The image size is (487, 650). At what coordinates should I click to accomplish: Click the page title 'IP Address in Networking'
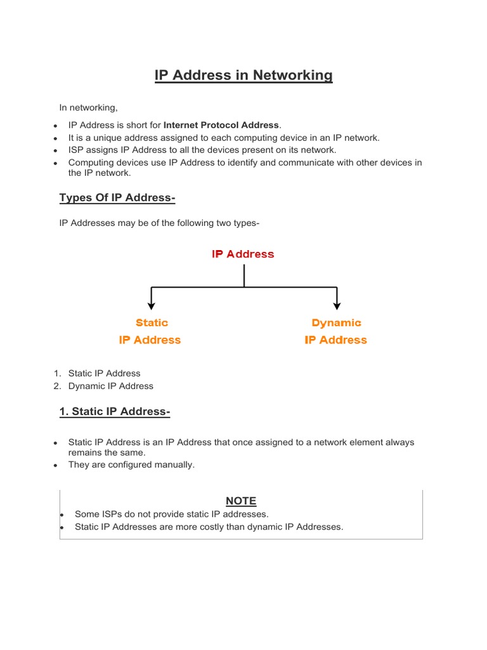pyautogui.click(x=243, y=76)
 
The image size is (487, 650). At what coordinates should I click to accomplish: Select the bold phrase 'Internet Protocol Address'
pyautogui.click(x=221, y=125)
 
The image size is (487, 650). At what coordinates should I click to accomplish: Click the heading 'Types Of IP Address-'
pyautogui.click(x=117, y=198)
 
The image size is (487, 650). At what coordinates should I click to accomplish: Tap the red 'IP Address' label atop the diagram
pyautogui.click(x=243, y=254)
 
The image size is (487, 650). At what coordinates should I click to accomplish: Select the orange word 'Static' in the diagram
pyautogui.click(x=152, y=323)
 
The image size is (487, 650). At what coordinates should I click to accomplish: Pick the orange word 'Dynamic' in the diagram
pyautogui.click(x=336, y=323)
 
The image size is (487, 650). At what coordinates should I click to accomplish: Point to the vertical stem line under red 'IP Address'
pyautogui.click(x=244, y=275)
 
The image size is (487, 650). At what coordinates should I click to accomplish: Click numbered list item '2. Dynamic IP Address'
pyautogui.click(x=110, y=386)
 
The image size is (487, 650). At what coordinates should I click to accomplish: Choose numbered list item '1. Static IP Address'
pyautogui.click(x=104, y=373)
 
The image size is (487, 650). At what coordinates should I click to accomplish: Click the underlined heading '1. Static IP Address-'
pyautogui.click(x=115, y=412)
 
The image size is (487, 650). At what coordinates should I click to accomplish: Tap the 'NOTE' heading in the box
pyautogui.click(x=241, y=501)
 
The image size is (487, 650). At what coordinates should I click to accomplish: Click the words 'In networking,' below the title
pyautogui.click(x=89, y=108)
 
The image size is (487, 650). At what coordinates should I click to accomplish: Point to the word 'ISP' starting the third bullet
pyautogui.click(x=76, y=150)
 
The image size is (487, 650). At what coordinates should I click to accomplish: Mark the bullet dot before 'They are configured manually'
pyautogui.click(x=56, y=465)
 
